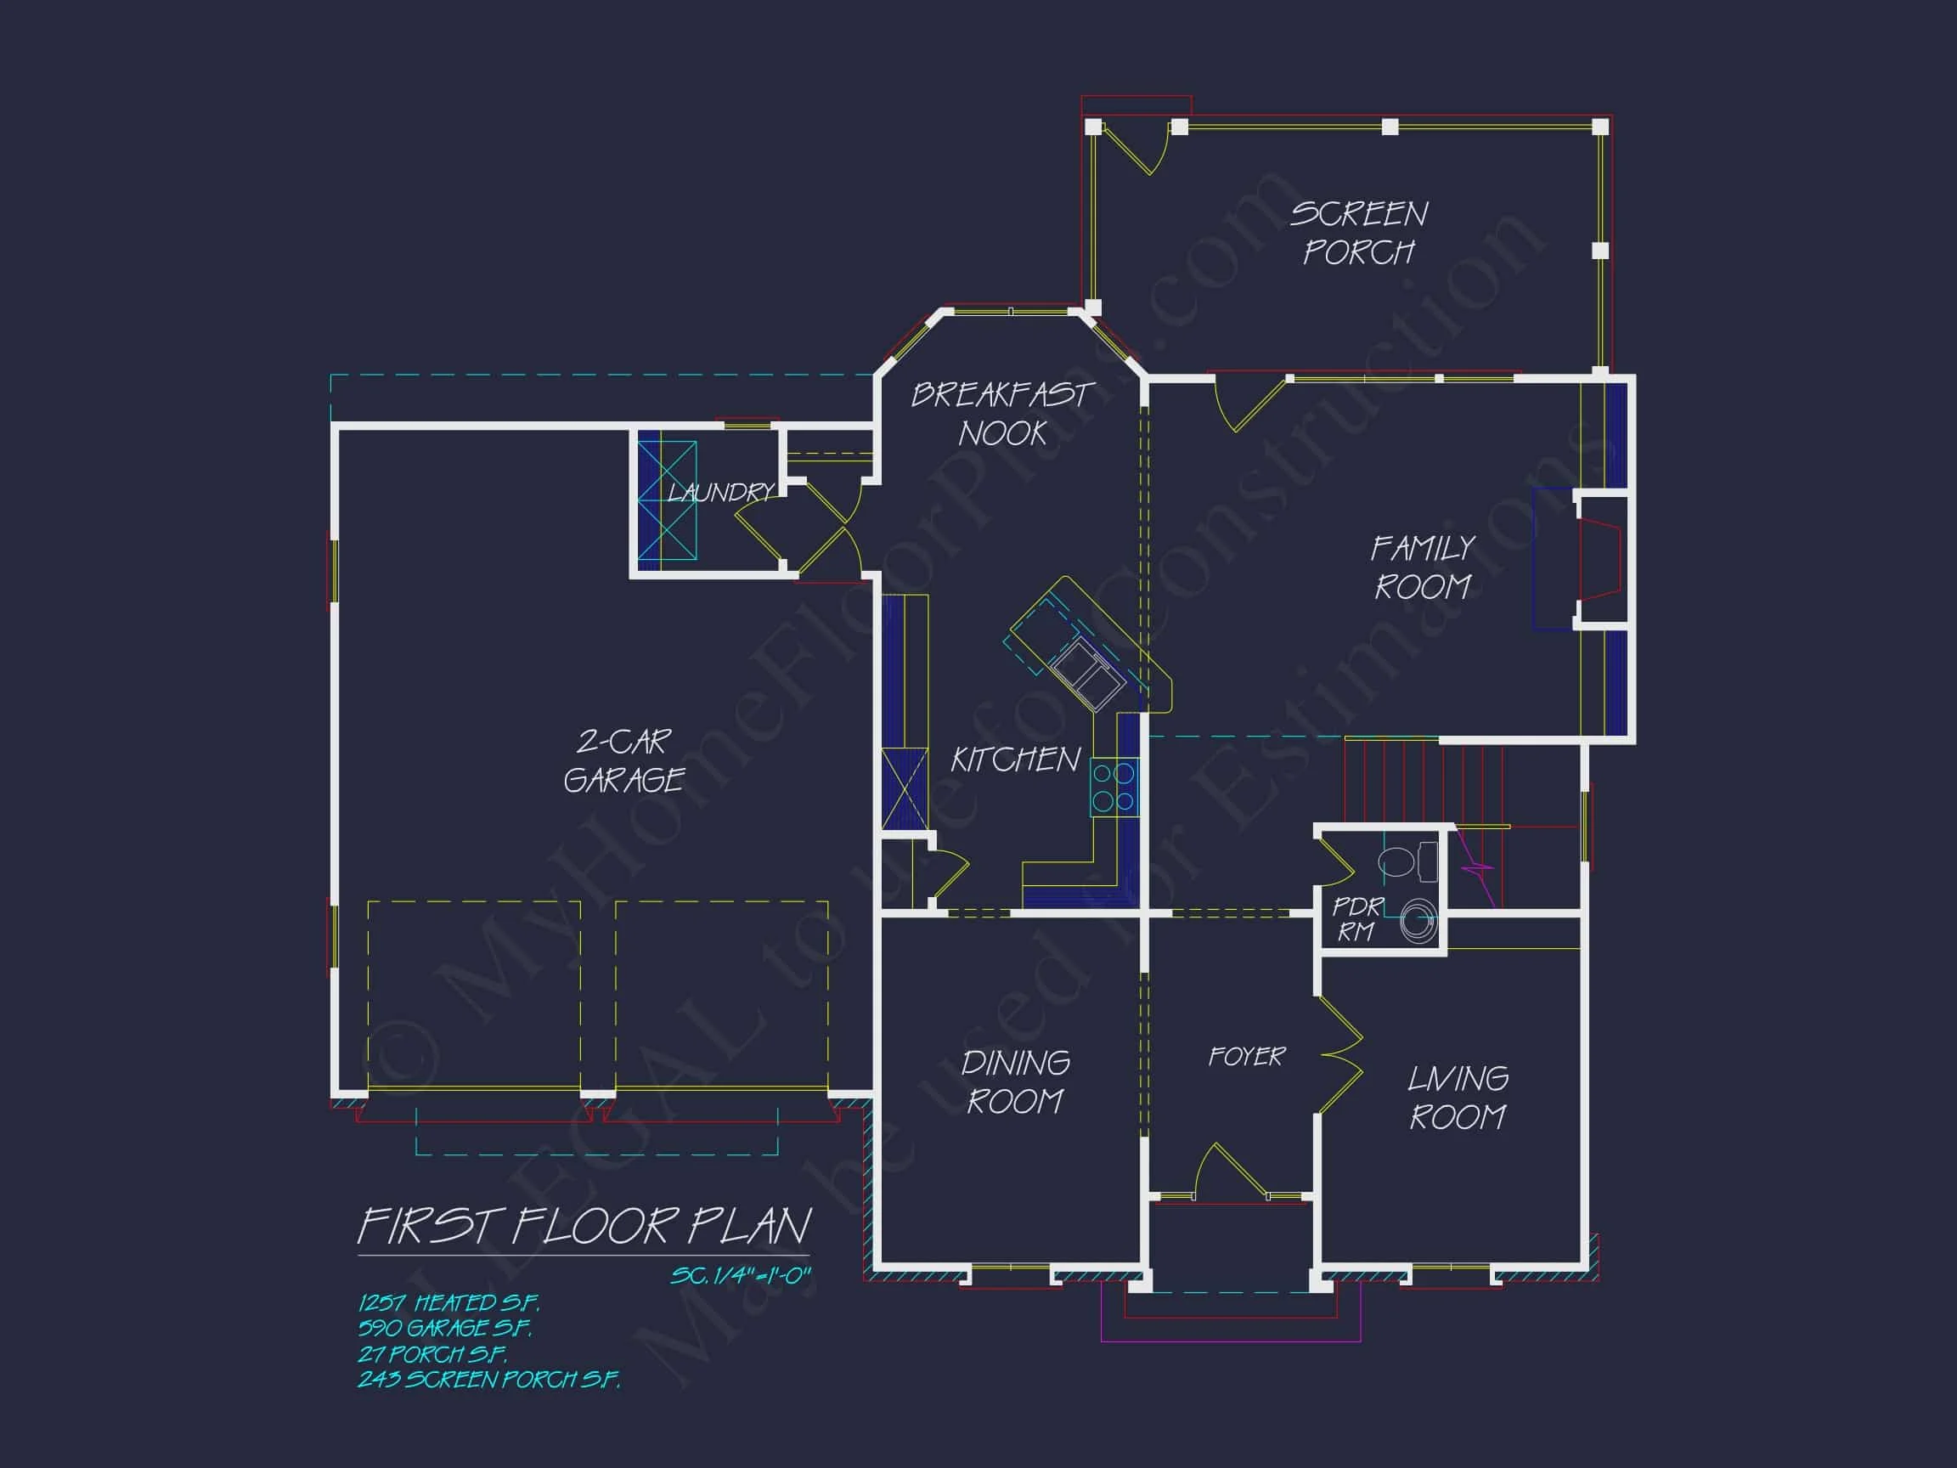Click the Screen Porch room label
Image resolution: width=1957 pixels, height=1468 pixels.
[x=1358, y=233]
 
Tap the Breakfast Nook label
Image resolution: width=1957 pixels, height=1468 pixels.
[x=1002, y=413]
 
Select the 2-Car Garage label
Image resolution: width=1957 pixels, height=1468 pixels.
[x=623, y=760]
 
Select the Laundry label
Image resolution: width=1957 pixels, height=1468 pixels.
[x=720, y=492]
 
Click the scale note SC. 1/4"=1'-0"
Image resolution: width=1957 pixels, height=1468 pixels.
[x=741, y=1275]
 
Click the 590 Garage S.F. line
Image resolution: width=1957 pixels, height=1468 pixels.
[x=445, y=1327]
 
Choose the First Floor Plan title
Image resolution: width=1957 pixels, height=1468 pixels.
[x=584, y=1227]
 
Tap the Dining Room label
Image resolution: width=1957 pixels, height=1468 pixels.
[x=1015, y=1081]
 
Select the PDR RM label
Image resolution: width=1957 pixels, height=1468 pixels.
[x=1356, y=918]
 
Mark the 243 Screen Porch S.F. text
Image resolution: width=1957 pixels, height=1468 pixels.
[x=488, y=1379]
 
